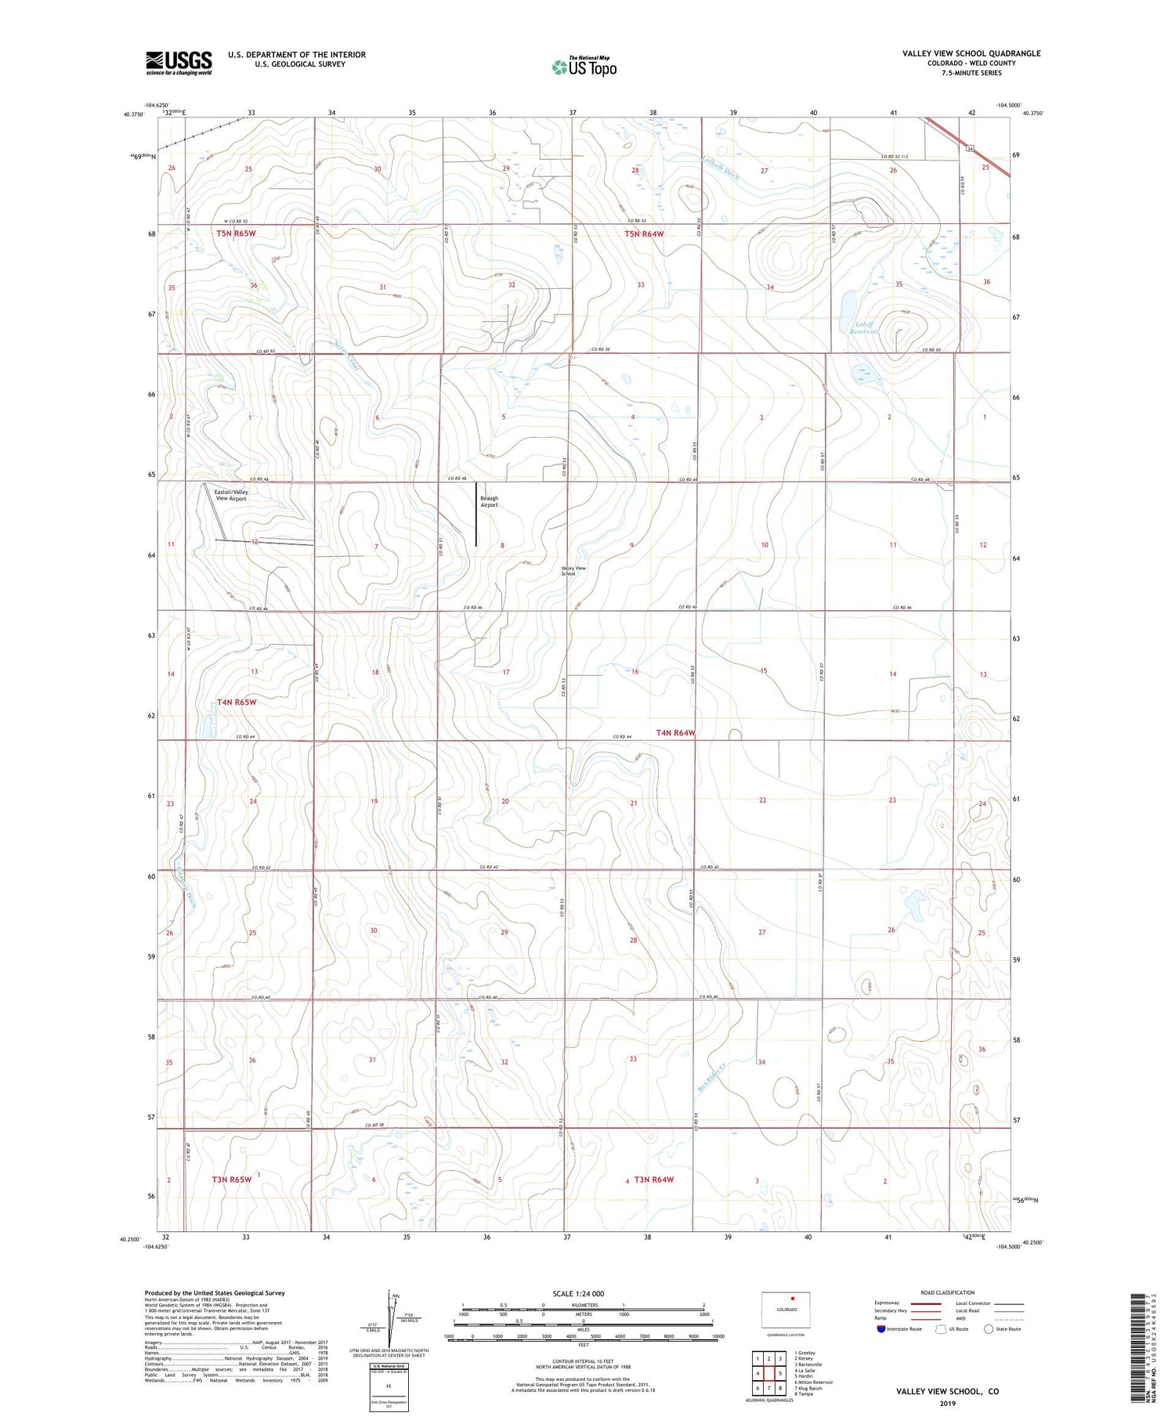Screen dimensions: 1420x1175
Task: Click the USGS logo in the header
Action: (179, 63)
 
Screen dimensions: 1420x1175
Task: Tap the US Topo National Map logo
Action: (584, 67)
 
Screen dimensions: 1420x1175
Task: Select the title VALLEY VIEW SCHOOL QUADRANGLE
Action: (971, 53)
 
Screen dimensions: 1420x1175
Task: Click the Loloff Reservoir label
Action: (865, 327)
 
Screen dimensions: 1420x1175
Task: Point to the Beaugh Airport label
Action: (489, 501)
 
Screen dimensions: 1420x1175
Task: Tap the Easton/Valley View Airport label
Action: (230, 494)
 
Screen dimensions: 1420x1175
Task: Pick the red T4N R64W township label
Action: (675, 733)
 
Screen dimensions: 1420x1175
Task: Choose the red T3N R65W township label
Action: (231, 1180)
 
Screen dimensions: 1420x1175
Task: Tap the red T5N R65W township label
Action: (236, 233)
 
